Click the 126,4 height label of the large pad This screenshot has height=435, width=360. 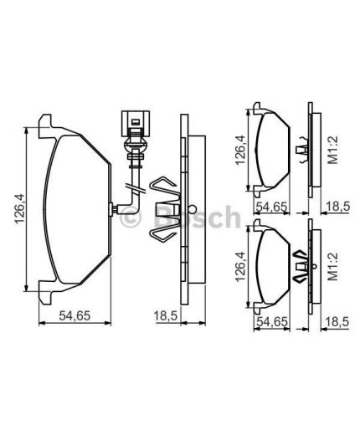pyautogui.click(x=20, y=209)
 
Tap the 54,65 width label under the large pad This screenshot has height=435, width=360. pyautogui.click(x=75, y=316)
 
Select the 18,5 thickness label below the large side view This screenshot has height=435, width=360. pyautogui.click(x=166, y=316)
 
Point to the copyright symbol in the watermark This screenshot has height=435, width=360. pyautogui.click(x=131, y=216)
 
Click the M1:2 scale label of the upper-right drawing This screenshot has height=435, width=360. pyautogui.click(x=333, y=150)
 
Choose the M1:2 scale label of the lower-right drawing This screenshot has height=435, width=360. pyautogui.click(x=333, y=267)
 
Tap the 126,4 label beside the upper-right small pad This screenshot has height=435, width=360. pyautogui.click(x=240, y=150)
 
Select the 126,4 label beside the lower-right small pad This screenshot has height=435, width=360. pyautogui.click(x=240, y=267)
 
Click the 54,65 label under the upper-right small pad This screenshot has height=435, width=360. pyautogui.click(x=271, y=207)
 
